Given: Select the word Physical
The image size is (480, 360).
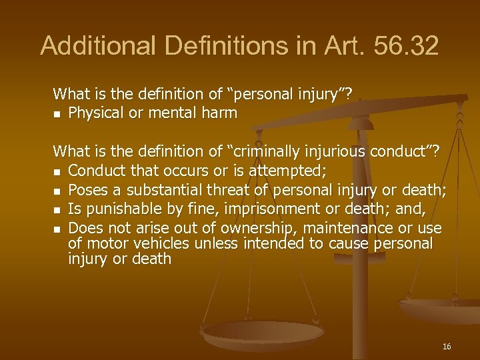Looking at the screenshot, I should (96, 113).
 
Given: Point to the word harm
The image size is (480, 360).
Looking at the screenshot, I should (221, 113).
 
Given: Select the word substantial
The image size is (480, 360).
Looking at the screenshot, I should (156, 192).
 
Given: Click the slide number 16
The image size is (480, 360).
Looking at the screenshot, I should (447, 346).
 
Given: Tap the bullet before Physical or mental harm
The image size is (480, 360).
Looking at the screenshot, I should (57, 114).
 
